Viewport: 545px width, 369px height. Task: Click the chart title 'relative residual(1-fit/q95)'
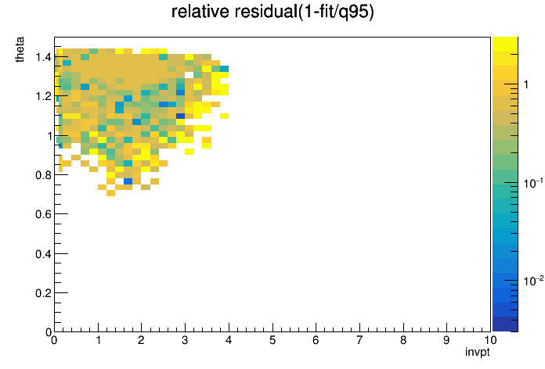(272, 12)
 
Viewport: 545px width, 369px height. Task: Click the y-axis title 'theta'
(20, 49)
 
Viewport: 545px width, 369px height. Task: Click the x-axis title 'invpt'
(478, 353)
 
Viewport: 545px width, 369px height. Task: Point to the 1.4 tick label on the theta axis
(43, 57)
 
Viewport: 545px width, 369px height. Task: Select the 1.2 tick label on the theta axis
(43, 96)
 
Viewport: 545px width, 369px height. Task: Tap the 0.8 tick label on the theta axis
(43, 175)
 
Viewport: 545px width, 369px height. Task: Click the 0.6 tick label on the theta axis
(43, 214)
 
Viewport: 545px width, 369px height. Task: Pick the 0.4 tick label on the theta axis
(43, 254)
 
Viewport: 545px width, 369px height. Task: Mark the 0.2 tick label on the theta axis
(43, 293)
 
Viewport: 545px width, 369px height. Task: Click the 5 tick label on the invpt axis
(272, 340)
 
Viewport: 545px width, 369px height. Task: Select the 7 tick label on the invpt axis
(359, 340)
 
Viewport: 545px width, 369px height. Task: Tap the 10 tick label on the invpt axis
(489, 340)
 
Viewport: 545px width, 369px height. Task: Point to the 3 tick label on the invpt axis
(185, 340)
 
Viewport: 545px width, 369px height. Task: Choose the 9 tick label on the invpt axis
(446, 340)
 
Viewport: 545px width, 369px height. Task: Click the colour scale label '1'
(526, 84)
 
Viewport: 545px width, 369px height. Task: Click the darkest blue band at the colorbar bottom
(505, 324)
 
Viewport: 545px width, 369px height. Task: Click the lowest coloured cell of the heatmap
(111, 193)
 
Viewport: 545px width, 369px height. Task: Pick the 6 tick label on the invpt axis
(316, 340)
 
